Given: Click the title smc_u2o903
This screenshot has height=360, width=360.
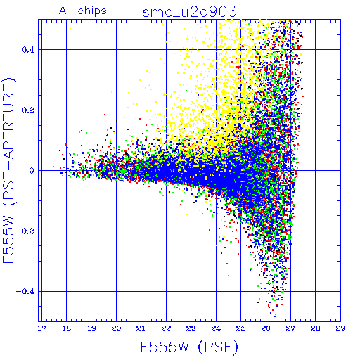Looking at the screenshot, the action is click(189, 12).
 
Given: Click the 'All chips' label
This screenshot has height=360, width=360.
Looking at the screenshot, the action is click(83, 11).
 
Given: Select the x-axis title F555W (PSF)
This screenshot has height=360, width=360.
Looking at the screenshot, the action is click(189, 347).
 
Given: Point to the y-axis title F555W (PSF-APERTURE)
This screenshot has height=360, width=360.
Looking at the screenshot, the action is click(8, 170).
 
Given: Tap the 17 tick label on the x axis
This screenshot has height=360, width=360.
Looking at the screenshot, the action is click(41, 328).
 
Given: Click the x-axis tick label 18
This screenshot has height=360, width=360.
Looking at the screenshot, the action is click(67, 328).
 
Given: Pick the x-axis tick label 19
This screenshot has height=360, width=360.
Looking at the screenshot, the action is click(91, 328).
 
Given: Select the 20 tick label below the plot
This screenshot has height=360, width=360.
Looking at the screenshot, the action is click(116, 328).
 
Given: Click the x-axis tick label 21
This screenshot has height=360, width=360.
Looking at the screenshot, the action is click(141, 328).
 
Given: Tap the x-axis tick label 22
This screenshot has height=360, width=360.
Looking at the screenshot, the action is click(166, 328).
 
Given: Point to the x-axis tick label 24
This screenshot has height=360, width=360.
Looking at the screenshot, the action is click(216, 328).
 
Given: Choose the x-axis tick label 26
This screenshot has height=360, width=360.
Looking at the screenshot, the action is click(266, 328).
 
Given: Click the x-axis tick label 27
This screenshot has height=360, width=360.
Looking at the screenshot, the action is click(290, 328).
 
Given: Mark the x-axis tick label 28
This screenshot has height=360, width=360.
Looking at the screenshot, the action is click(316, 328).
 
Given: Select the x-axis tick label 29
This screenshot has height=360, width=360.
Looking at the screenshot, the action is click(340, 328).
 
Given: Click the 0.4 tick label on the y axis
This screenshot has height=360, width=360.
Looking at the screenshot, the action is click(28, 50).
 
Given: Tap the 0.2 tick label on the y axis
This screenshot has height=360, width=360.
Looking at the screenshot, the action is click(28, 110).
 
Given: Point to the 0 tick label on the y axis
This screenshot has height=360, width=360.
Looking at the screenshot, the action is click(32, 171).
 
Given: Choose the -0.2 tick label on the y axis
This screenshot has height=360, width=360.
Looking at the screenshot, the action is click(25, 231).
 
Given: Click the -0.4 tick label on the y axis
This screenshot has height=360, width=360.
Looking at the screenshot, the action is click(25, 292).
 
